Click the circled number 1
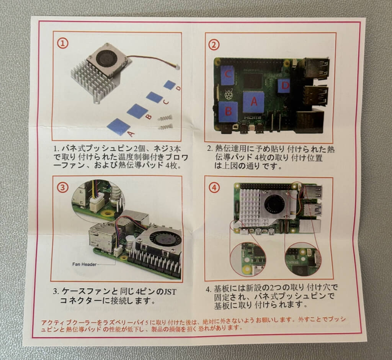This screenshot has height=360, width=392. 63,44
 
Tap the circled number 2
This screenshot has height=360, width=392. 214,45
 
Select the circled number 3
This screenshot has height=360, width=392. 62,187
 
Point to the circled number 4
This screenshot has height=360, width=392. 214,188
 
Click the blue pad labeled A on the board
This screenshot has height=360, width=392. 253,102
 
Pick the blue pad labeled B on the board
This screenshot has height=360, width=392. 228,111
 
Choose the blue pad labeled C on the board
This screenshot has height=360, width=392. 227,74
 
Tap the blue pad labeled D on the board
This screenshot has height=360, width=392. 284,86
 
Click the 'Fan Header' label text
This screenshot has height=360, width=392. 84,264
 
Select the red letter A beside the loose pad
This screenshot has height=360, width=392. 131,134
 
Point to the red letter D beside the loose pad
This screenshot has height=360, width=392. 178,88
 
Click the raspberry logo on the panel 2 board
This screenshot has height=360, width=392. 228,95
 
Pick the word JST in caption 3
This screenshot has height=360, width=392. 170,292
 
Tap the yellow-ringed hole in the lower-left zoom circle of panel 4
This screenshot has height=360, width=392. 247,270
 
